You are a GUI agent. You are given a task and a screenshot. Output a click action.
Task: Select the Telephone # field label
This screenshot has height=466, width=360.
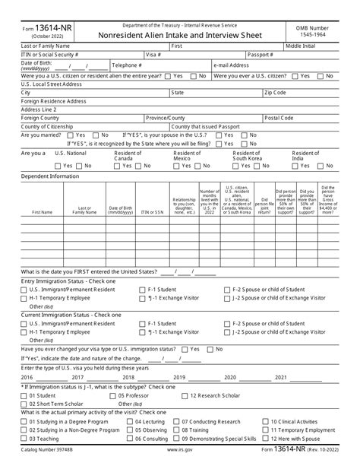(128, 65)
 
